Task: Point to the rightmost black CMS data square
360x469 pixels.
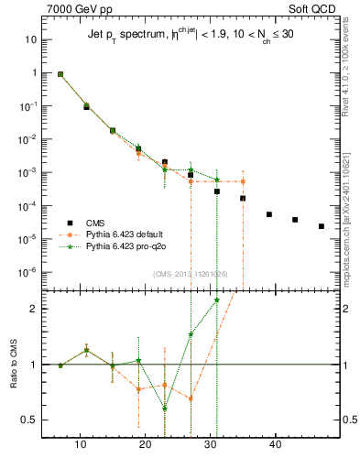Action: [x=322, y=226]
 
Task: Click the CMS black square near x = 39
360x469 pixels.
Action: [x=269, y=214]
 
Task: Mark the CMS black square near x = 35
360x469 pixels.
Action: [x=243, y=198]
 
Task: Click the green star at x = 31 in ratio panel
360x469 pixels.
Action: [x=217, y=300]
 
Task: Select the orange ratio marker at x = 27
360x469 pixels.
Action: [x=191, y=398]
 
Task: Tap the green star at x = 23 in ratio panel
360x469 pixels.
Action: [x=165, y=409]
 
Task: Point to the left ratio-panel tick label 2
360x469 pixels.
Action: [x=34, y=309]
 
